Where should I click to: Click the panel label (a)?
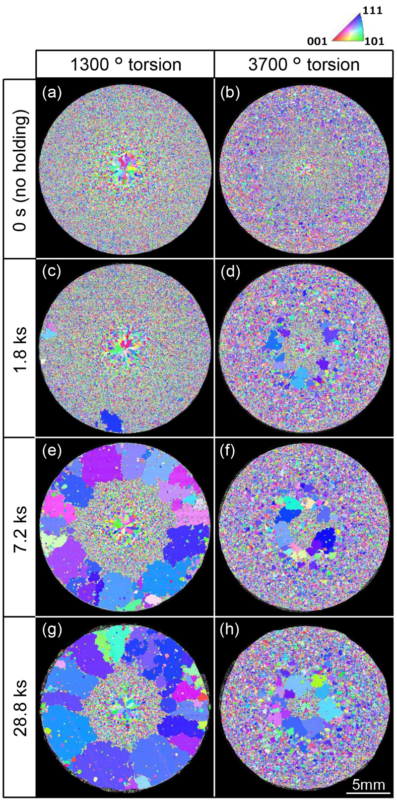51,93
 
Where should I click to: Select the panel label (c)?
51,272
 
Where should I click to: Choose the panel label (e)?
51,452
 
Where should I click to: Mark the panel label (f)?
230,452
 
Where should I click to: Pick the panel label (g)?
51,631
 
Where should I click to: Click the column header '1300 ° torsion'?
125,64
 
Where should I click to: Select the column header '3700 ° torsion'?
305,64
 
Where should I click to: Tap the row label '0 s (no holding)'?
20,168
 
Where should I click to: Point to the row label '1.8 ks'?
20,347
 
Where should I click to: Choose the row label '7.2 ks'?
20,527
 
